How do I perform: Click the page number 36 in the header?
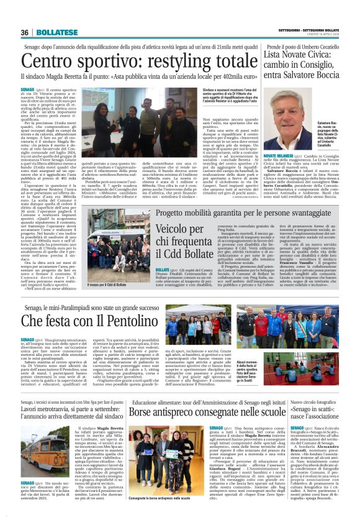click(24, 32)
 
